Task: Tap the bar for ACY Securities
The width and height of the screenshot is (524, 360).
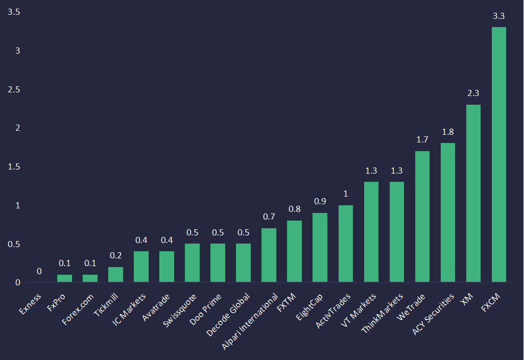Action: pos(447,212)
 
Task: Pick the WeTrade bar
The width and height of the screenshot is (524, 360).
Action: pos(422,217)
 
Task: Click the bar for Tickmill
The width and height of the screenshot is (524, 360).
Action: pos(115,275)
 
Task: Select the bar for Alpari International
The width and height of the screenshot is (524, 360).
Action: pos(269,255)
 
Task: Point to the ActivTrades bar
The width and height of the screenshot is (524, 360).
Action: pos(345,244)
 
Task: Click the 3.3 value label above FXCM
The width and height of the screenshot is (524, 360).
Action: pos(498,16)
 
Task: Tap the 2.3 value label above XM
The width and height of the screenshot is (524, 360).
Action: pos(473,93)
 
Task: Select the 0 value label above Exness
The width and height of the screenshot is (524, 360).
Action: pos(39,272)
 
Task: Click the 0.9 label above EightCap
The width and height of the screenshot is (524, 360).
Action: pos(320,201)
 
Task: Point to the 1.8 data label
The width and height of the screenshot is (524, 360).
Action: pos(447,132)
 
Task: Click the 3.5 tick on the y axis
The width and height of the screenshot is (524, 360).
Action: pos(14,12)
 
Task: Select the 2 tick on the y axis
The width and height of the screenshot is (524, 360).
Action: pos(17,128)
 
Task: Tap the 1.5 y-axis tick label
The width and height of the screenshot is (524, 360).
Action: pos(14,166)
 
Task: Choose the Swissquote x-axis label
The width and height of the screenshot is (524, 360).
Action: pos(180,308)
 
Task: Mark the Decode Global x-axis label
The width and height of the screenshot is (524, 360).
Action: pos(229,314)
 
